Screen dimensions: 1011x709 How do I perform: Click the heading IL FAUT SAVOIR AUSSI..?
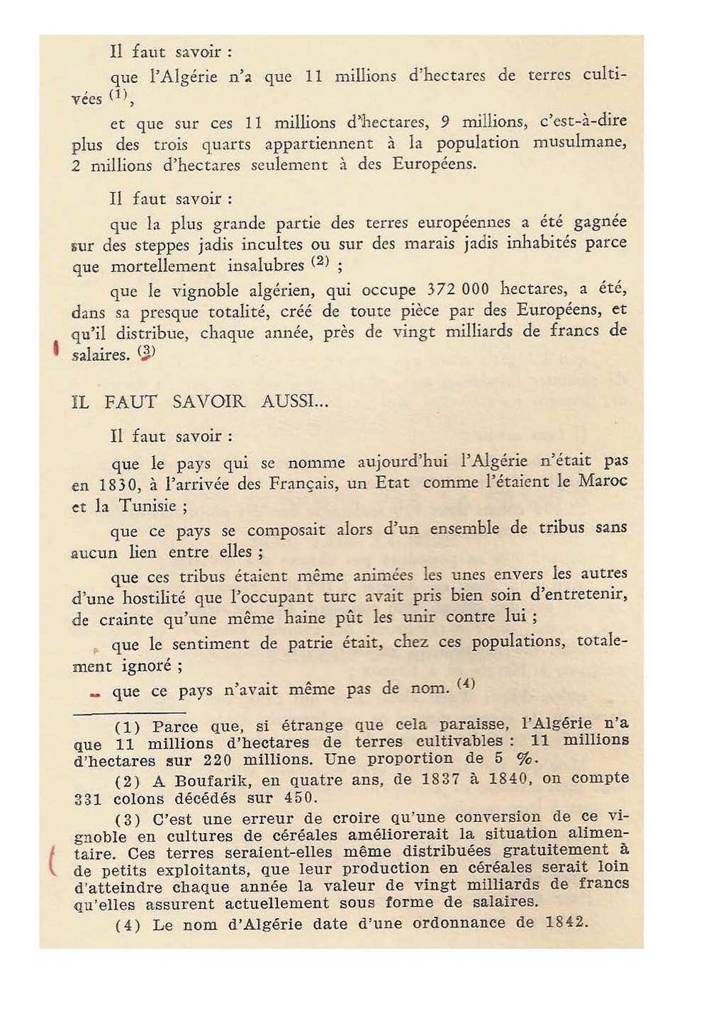coord(201,402)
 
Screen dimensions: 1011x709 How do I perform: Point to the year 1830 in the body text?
coord(110,486)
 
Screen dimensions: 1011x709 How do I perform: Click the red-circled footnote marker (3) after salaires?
coord(145,352)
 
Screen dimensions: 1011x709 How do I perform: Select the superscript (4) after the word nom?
coord(466,684)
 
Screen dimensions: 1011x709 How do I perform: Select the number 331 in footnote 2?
coord(88,798)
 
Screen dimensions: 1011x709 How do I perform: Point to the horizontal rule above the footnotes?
coord(129,712)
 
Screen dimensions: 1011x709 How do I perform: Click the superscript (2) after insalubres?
coord(320,261)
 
